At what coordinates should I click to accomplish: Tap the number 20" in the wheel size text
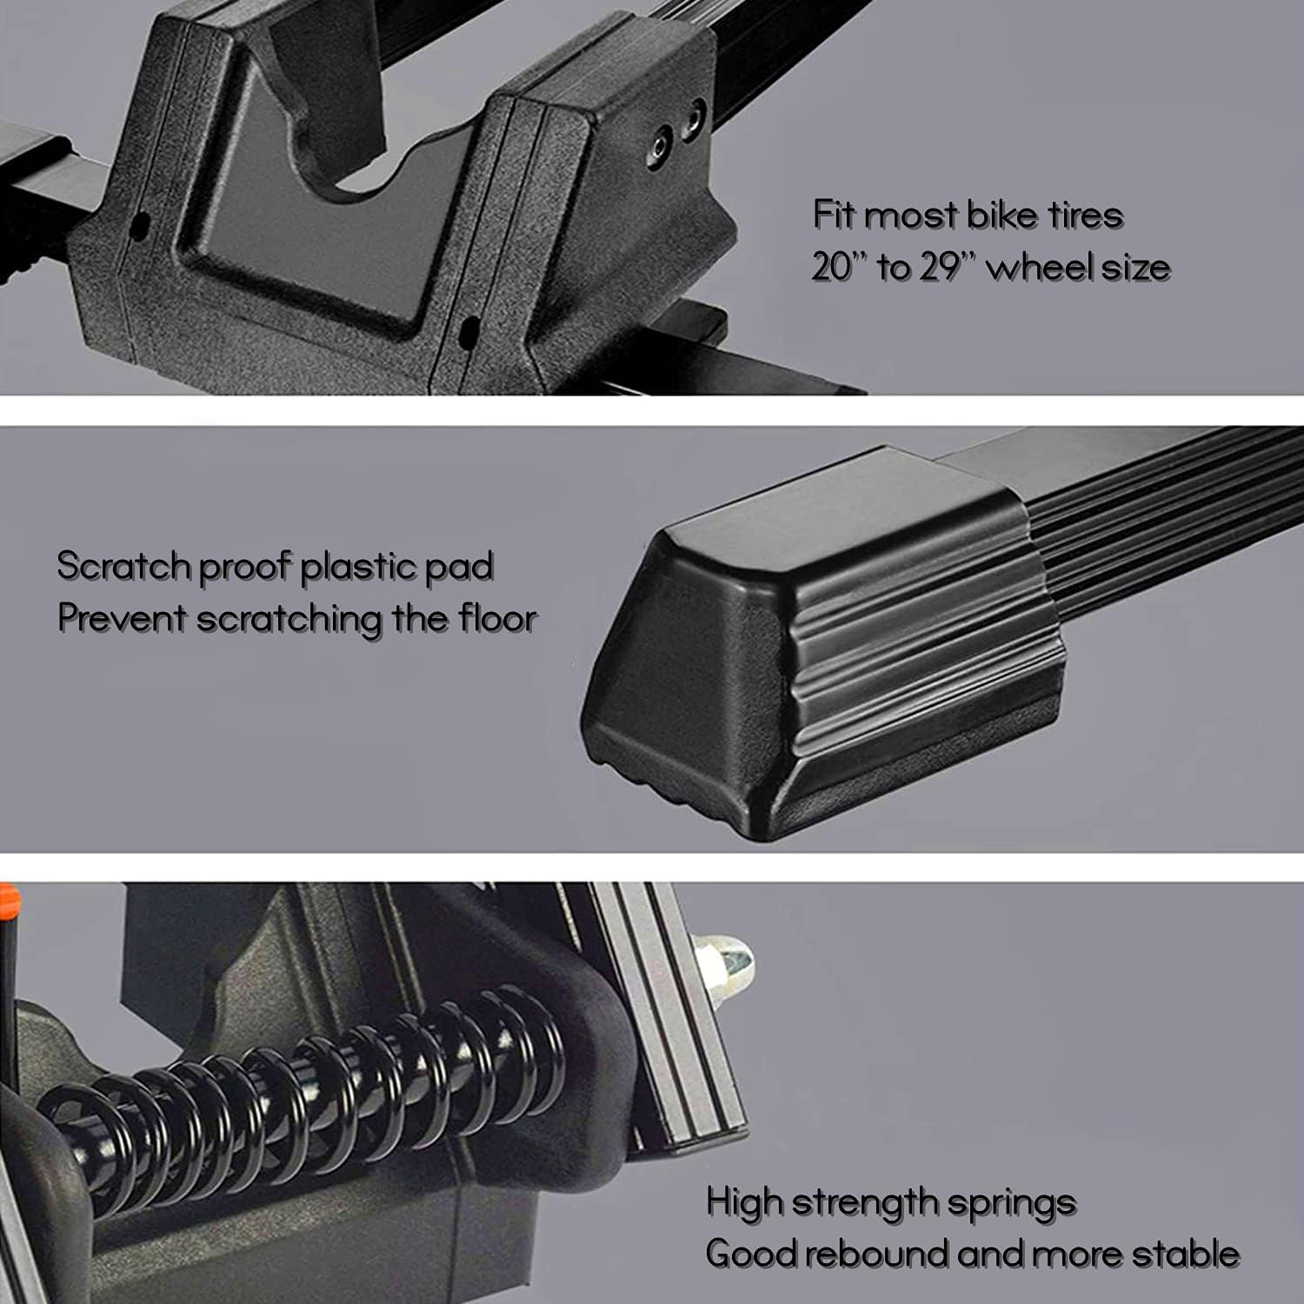pos(836,267)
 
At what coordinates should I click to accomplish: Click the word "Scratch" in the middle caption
pos(123,566)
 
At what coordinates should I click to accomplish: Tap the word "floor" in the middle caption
pos(497,618)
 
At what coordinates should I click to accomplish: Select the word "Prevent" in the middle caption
pos(122,619)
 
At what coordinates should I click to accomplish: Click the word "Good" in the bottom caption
pos(749,1254)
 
